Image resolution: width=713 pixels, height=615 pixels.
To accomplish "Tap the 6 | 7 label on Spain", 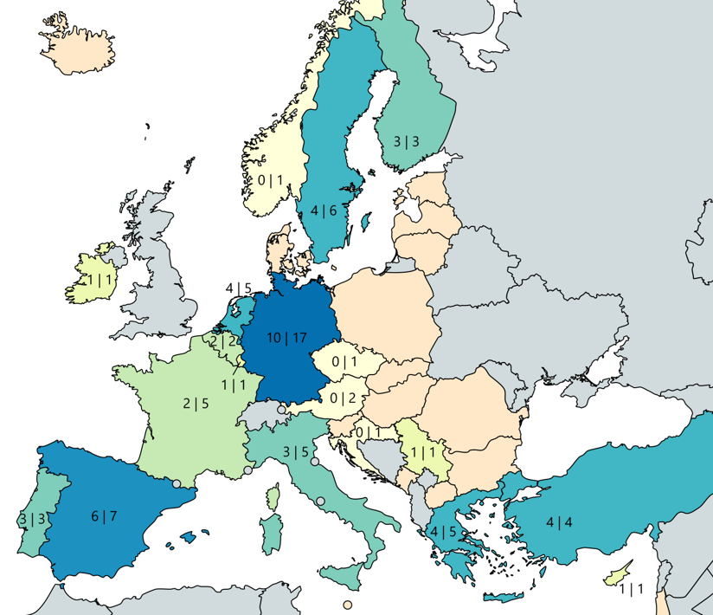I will click(x=103, y=517).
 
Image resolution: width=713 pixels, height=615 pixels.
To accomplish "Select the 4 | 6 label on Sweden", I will click(x=324, y=210).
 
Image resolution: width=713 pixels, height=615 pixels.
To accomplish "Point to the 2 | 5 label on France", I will click(x=196, y=403).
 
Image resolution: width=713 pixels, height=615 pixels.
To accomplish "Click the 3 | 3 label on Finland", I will click(x=407, y=141).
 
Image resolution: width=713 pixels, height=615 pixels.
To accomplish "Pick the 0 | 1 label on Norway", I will click(x=271, y=180).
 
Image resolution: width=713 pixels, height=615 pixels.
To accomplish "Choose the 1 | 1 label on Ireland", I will click(x=101, y=280).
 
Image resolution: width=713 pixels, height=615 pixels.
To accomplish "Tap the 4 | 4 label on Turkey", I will click(x=559, y=522).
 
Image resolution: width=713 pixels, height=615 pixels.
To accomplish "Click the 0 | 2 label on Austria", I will click(x=344, y=398).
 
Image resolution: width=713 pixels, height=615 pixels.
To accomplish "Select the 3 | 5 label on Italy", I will click(x=296, y=451).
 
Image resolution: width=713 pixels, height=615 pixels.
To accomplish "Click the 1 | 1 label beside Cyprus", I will click(x=632, y=590).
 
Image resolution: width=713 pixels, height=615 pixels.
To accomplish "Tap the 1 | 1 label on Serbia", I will click(x=423, y=452).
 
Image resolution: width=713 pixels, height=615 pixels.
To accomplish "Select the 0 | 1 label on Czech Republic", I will click(x=344, y=362).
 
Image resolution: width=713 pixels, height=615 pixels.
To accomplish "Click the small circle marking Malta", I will click(x=347, y=605).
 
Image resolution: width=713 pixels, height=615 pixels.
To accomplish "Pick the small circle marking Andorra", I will click(x=177, y=484).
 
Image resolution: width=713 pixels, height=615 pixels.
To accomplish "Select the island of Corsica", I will click(x=274, y=497).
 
